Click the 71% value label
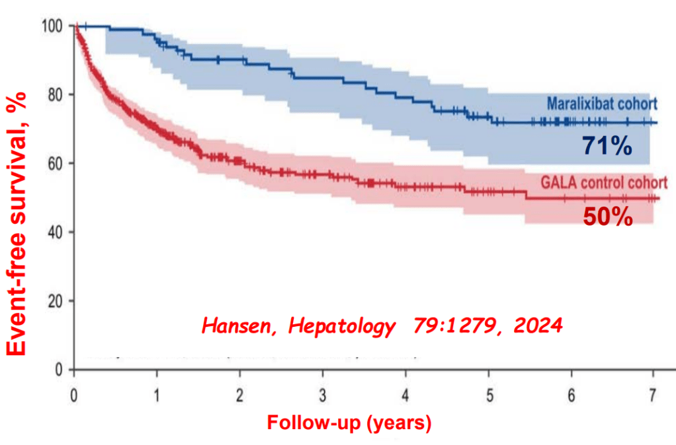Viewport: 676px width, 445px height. [x=607, y=145]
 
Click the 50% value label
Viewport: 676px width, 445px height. [x=607, y=217]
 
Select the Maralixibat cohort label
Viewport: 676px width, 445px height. [x=601, y=104]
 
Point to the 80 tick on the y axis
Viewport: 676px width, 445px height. [x=57, y=94]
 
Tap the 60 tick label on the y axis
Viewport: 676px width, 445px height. [x=57, y=163]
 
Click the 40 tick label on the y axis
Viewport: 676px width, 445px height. [x=57, y=232]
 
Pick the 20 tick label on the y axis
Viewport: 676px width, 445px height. [x=57, y=301]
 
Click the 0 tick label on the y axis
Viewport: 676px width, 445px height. [x=60, y=370]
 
